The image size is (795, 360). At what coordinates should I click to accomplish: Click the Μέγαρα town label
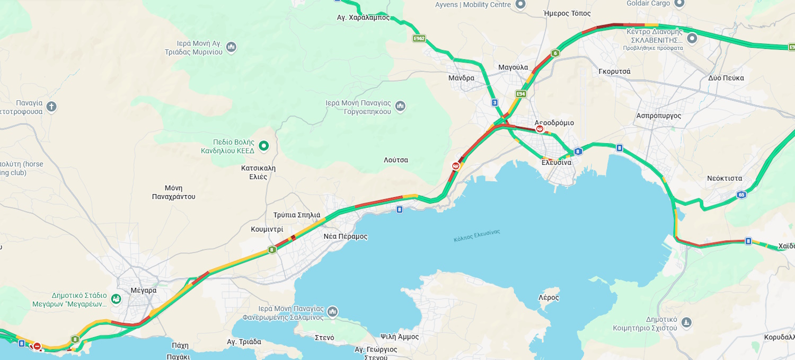(x=143, y=290)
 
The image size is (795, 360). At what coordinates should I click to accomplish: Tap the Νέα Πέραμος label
(x=345, y=236)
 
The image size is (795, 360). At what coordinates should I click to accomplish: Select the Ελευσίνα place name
(x=556, y=162)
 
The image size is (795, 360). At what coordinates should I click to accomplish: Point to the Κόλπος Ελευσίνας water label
(x=476, y=235)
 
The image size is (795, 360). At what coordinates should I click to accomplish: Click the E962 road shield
(x=419, y=39)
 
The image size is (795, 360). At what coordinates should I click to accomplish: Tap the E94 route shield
(x=520, y=94)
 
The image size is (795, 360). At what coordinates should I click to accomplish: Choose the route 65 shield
(x=741, y=195)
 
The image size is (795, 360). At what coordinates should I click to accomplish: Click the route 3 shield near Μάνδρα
(x=494, y=102)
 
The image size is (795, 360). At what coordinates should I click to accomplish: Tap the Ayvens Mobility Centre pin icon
(x=520, y=4)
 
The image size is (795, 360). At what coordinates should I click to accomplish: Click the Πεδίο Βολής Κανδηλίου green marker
(x=263, y=146)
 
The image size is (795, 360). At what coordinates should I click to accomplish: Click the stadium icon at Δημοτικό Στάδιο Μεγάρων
(x=116, y=299)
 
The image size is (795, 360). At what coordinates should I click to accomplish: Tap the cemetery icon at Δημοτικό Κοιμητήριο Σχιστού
(x=686, y=322)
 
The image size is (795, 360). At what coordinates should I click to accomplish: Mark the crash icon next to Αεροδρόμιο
(x=540, y=129)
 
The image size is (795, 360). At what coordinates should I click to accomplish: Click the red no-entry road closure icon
(x=37, y=346)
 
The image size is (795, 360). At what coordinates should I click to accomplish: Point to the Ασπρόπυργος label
(x=658, y=116)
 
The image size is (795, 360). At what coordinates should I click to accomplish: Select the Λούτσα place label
(x=396, y=160)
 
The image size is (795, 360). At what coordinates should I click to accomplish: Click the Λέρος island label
(x=549, y=297)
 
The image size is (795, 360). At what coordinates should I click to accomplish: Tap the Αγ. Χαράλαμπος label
(x=363, y=17)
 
